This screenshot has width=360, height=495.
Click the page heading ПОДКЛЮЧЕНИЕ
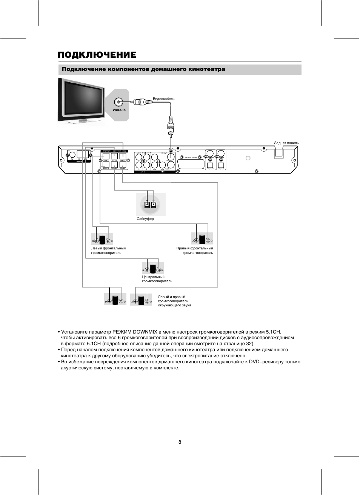point(97,55)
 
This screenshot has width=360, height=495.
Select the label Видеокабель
point(163,99)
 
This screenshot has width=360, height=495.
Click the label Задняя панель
point(286,143)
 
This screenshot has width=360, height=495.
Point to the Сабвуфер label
point(145,219)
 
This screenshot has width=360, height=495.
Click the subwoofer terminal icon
point(151,204)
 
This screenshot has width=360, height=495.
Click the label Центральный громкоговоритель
point(157,279)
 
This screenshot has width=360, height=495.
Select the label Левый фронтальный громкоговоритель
point(108,251)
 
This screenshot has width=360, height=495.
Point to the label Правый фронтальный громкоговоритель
point(195,251)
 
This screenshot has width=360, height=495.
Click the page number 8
point(180,442)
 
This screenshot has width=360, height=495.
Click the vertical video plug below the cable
point(171,126)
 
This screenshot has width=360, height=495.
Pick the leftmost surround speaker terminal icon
point(115,300)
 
